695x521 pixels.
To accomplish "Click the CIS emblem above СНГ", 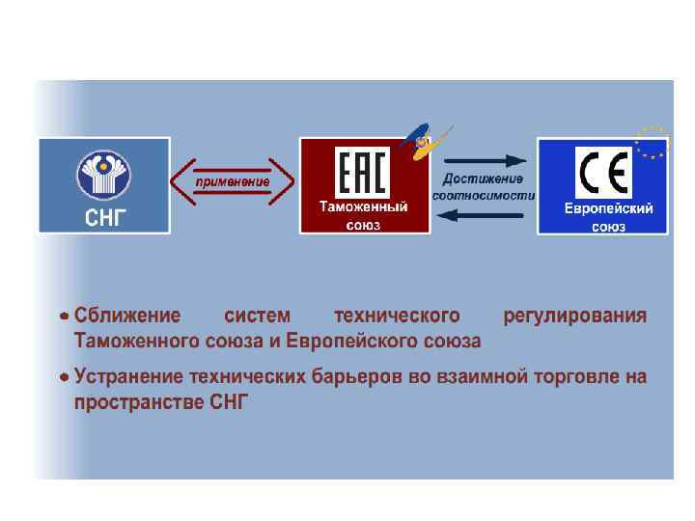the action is point(103,173).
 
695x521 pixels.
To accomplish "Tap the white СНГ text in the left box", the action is point(103,214).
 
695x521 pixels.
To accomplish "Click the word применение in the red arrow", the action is point(233,180).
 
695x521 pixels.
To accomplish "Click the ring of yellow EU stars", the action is point(650,142).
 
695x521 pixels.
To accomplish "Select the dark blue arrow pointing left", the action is point(481,215).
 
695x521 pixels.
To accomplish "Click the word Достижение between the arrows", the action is point(483,178).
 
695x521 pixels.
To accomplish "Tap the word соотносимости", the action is point(483,195).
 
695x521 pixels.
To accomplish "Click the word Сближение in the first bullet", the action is point(127,316).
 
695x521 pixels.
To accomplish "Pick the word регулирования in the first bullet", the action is point(575,316).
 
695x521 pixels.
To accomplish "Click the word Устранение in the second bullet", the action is point(131,376).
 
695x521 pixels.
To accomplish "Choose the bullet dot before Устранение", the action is point(63,376).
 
